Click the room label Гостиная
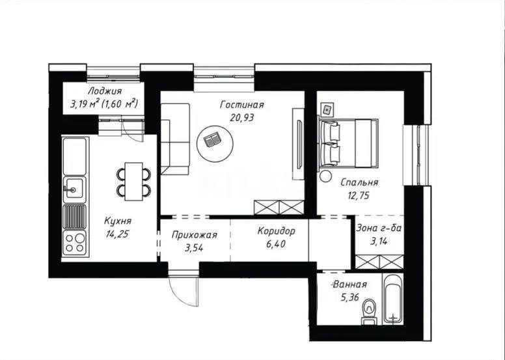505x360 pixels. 241,105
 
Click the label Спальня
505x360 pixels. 359,183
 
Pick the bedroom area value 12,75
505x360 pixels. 359,195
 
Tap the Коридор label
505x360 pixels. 276,231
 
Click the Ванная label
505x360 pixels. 349,284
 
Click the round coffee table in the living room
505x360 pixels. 213,140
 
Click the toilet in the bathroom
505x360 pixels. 368,309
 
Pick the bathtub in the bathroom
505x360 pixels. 393,299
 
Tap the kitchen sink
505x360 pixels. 73,190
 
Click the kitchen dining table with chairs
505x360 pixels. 133,180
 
